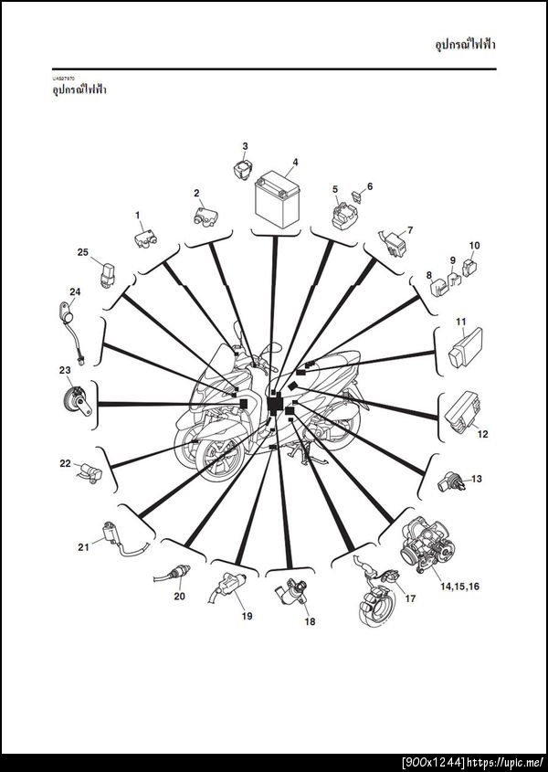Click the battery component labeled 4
(x=277, y=198)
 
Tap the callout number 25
(x=83, y=252)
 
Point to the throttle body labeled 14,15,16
(x=427, y=543)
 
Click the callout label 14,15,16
(x=459, y=587)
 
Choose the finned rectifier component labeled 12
(x=462, y=412)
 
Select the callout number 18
(x=310, y=622)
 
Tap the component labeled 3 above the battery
(x=242, y=168)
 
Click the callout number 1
(x=138, y=216)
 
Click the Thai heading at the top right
(x=465, y=45)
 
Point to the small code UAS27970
(x=64, y=79)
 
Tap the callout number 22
(x=66, y=463)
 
